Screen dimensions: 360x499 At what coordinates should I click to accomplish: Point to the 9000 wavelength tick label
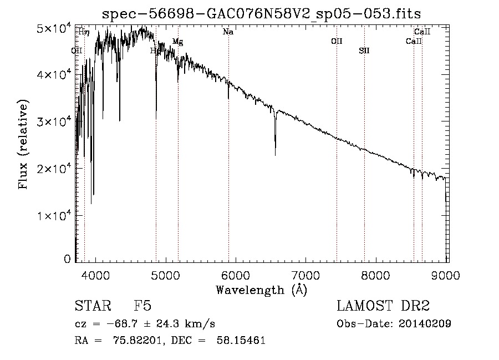pos(446,273)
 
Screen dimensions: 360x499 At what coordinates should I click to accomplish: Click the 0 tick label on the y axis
pos(67,259)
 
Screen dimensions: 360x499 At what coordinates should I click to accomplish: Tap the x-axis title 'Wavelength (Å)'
pos(261,290)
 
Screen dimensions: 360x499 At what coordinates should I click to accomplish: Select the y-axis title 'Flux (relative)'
pos(24,144)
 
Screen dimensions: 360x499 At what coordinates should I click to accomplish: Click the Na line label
pos(228,32)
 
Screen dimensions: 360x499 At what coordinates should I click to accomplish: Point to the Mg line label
pos(177,42)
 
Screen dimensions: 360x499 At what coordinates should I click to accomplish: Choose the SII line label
pos(364,50)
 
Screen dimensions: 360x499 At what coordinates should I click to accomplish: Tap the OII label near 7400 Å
pos(337,42)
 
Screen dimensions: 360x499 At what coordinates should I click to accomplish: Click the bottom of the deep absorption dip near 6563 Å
pos(275,154)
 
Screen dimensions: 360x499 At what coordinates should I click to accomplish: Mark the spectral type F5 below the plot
pos(142,307)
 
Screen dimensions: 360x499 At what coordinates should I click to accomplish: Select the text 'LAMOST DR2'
pos(383,306)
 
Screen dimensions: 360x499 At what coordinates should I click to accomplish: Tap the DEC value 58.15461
pos(240,341)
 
